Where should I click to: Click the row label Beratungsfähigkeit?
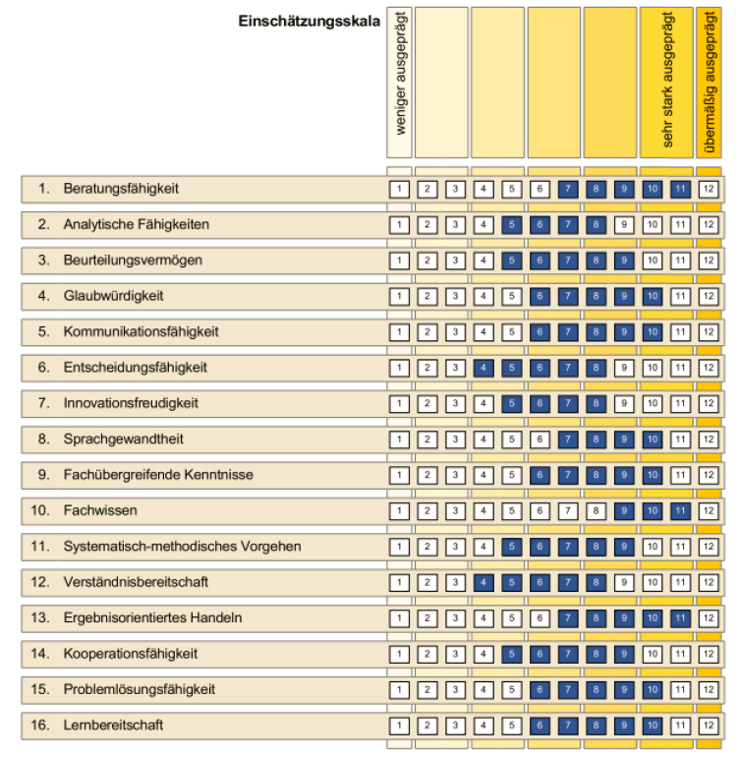(121, 188)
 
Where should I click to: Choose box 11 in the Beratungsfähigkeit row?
(679, 188)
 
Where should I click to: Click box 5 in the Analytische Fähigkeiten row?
(510, 224)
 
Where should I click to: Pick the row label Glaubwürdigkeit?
(113, 296)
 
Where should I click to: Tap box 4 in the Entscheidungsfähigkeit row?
(482, 368)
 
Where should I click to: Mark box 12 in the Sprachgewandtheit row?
(708, 439)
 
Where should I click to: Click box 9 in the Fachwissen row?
(623, 511)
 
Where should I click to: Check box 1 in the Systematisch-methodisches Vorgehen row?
(398, 547)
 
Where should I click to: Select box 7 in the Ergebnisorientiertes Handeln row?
(567, 618)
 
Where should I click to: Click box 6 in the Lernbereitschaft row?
(539, 726)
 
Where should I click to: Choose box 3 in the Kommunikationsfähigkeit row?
(454, 332)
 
